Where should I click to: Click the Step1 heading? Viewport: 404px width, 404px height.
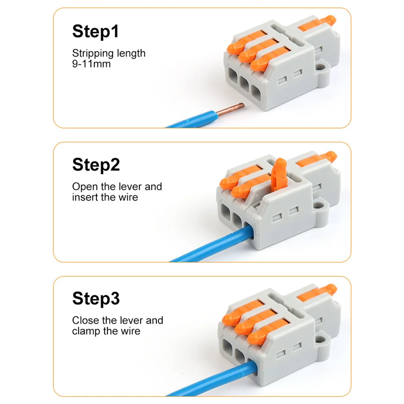point(96,31)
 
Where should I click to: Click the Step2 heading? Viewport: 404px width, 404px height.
point(96,164)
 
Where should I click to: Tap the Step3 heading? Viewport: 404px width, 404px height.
point(96,299)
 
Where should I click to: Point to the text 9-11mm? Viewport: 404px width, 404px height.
point(91,63)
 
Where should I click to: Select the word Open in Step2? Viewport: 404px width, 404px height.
point(84,187)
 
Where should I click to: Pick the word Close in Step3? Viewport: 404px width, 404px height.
point(85,320)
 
